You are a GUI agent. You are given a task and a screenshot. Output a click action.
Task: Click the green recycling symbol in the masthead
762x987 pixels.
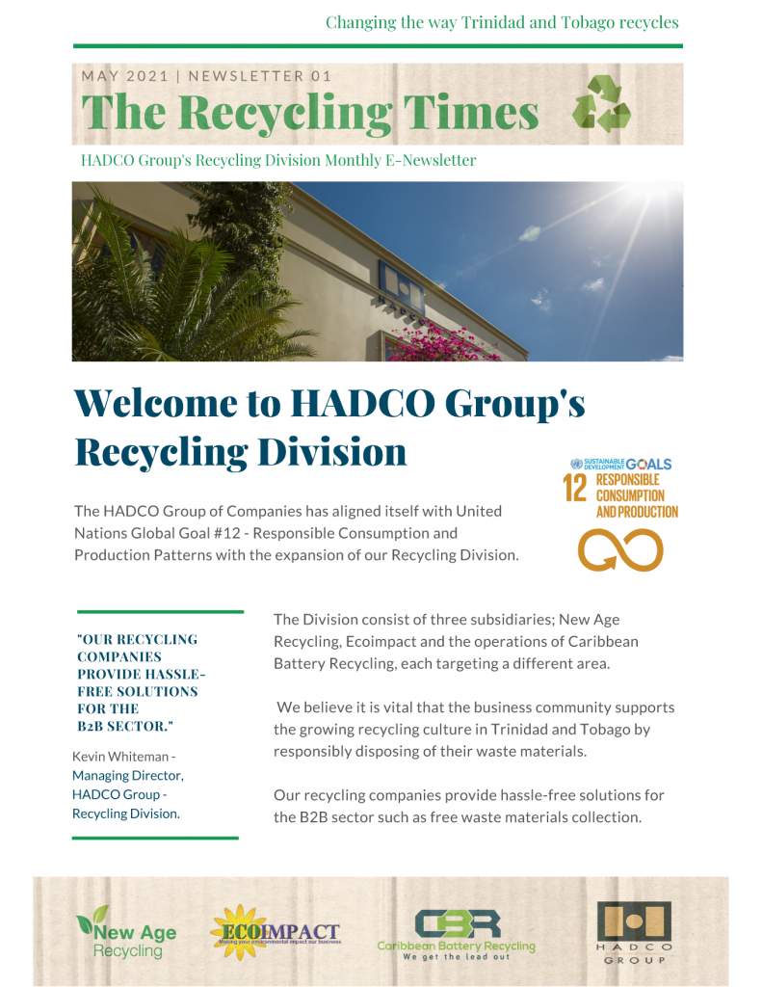601,106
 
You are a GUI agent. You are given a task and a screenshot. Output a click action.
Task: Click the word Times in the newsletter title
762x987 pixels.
470,113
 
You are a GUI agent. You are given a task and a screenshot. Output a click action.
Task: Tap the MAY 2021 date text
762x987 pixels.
125,76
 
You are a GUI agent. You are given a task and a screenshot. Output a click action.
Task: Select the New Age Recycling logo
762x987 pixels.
127,933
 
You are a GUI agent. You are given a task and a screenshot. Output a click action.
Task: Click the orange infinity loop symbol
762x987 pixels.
620,550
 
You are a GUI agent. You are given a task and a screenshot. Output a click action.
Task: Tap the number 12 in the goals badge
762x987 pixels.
574,488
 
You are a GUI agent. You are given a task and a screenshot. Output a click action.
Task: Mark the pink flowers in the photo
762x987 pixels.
447,342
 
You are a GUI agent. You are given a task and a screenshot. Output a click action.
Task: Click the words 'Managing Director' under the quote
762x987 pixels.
127,775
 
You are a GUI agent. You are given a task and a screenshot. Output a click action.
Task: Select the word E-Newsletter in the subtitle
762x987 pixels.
431,160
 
